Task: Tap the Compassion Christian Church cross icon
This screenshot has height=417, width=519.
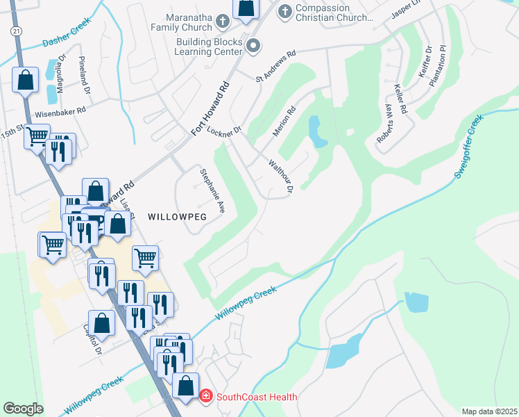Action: pos(284,11)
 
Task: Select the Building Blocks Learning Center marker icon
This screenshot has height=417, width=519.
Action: pos(253,47)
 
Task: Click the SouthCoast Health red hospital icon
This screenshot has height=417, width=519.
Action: pos(206,397)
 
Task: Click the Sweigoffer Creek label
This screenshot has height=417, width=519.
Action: pos(469,147)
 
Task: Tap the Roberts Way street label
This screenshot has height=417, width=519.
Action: pos(386,124)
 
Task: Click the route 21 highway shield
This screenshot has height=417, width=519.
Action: pos(15,32)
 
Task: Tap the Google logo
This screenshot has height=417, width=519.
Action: pos(23,408)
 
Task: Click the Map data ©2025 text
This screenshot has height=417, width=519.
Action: pos(488,411)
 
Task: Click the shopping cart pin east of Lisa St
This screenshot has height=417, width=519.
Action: pos(145,258)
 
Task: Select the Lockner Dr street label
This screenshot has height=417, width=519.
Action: pos(223,130)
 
